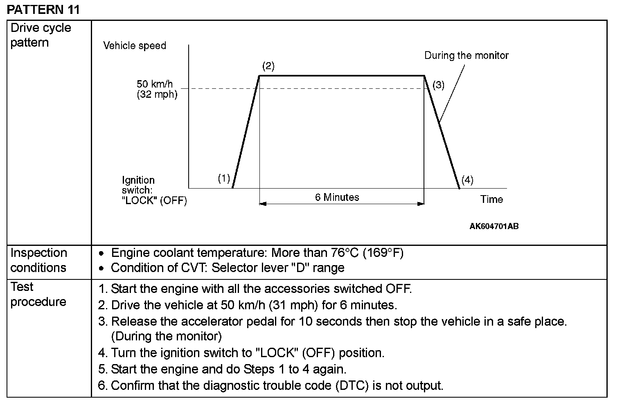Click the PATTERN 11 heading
click(x=43, y=9)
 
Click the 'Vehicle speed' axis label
click(x=135, y=45)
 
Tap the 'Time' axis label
click(x=491, y=199)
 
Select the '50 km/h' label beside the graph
click(x=155, y=84)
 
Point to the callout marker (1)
click(x=224, y=178)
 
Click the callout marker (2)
click(x=268, y=66)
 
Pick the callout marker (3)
click(x=438, y=85)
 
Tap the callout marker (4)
click(x=467, y=180)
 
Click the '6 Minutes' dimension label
click(x=337, y=197)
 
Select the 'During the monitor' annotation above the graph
click(x=466, y=56)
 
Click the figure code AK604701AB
click(x=494, y=226)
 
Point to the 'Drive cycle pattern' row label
click(x=41, y=35)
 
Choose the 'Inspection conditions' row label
click(x=38, y=260)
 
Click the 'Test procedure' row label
click(x=38, y=294)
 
